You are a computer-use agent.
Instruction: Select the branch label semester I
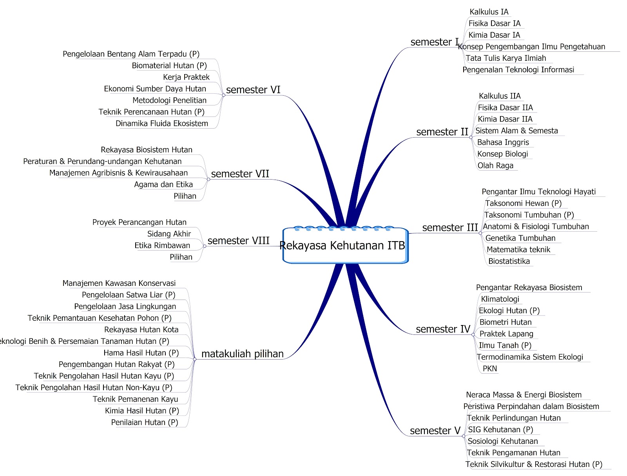(434, 42)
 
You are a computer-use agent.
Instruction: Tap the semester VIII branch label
(238, 241)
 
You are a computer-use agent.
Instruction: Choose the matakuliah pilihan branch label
(242, 354)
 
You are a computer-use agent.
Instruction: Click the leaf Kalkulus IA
(489, 12)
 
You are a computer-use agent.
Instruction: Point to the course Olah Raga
(495, 165)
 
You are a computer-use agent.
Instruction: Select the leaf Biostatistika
(509, 262)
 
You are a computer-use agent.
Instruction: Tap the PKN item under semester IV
(489, 369)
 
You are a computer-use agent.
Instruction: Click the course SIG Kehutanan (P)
(500, 430)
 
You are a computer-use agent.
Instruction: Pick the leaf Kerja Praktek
(186, 77)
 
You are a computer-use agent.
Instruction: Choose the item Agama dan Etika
(163, 185)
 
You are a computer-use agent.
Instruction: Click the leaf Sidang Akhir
(169, 234)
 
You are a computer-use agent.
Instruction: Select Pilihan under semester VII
(185, 196)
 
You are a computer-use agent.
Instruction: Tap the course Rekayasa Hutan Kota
(141, 330)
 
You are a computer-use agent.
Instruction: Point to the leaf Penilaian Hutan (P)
(144, 423)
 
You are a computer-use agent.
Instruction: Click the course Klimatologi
(500, 299)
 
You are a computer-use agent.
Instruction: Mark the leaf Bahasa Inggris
(503, 142)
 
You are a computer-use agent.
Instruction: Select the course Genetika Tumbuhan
(520, 238)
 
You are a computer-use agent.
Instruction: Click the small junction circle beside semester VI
(223, 95)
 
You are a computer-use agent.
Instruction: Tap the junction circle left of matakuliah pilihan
(195, 359)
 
